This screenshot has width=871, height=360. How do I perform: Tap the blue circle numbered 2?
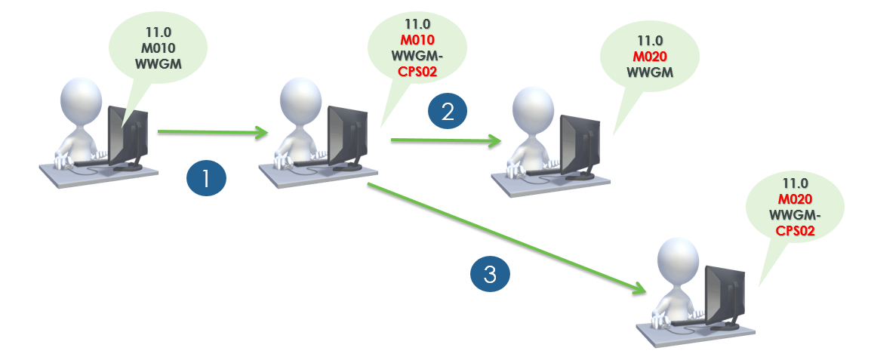click(x=447, y=112)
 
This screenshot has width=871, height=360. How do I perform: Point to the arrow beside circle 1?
click(x=213, y=133)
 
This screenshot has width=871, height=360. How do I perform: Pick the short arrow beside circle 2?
click(x=445, y=140)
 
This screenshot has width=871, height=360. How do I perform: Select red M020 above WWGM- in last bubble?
click(x=795, y=199)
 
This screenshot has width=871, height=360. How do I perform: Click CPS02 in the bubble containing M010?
click(x=417, y=72)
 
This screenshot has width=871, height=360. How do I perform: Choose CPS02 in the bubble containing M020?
click(x=795, y=232)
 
